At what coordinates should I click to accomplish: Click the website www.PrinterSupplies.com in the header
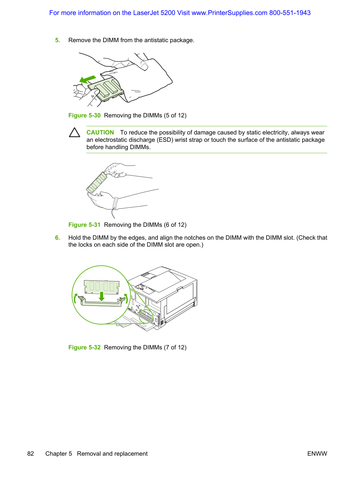[x=229, y=13]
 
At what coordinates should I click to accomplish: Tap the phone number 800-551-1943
[x=290, y=13]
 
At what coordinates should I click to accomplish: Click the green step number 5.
[x=58, y=40]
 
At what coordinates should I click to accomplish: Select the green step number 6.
[x=58, y=238]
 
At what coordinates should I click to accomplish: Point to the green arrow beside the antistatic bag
[x=87, y=79]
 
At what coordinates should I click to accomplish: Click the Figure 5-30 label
[x=84, y=115]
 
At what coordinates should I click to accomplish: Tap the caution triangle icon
[x=75, y=132]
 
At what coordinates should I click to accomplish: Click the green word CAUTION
[x=100, y=132]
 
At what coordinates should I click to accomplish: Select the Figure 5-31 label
[x=84, y=225]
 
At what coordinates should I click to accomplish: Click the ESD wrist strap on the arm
[x=115, y=203]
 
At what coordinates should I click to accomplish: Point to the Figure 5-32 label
[x=84, y=347]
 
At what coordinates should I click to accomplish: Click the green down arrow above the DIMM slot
[x=101, y=296]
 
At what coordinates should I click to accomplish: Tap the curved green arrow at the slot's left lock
[x=75, y=298]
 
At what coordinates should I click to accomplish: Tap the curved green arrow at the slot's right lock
[x=126, y=298]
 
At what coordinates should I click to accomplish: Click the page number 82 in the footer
[x=31, y=454]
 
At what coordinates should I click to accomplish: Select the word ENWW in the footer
[x=317, y=454]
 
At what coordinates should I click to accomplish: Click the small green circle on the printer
[x=146, y=316]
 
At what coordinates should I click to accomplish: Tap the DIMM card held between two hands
[x=97, y=182]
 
